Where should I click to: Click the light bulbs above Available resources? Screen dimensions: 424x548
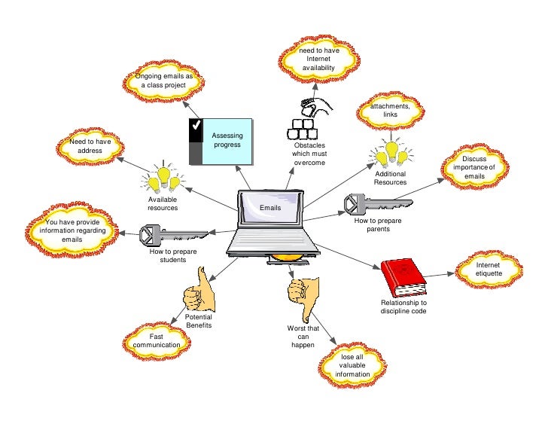point(163,178)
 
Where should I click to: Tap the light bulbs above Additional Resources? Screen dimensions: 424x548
point(391,154)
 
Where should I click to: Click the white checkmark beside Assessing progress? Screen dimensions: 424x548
point(196,127)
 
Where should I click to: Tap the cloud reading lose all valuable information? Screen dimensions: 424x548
point(355,365)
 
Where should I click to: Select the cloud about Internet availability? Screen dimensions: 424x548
point(318,58)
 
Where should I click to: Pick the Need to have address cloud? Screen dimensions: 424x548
point(90,146)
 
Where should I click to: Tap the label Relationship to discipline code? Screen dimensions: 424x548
point(403,307)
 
